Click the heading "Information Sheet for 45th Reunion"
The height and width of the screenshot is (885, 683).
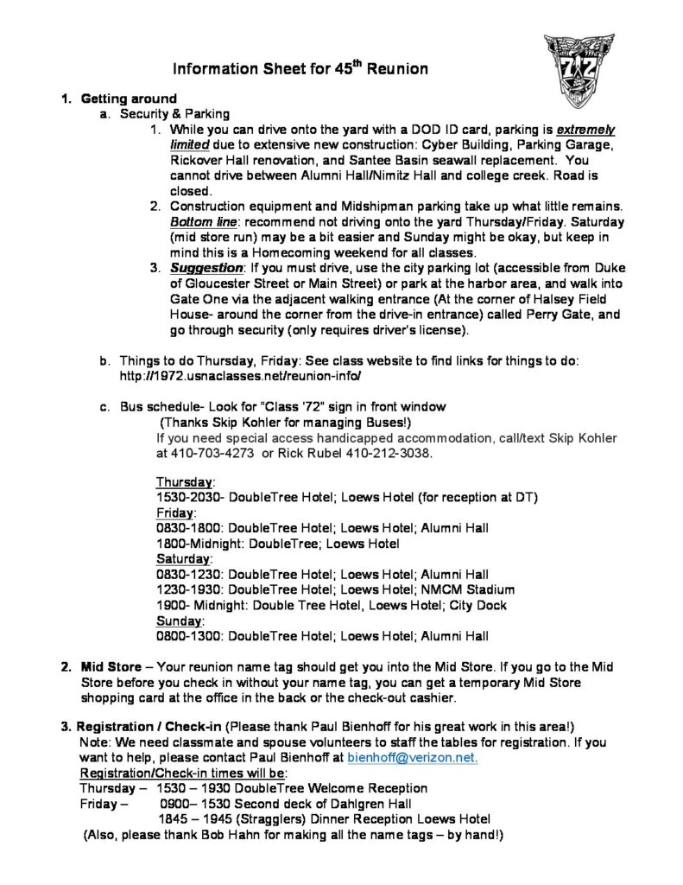[x=300, y=68]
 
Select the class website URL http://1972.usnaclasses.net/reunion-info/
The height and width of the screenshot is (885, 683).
[x=239, y=378]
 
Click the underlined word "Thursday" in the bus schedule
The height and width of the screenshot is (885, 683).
[x=186, y=481]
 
